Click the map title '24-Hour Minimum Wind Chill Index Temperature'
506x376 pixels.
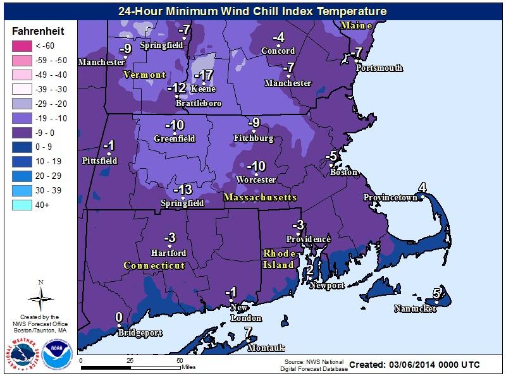pos(252,11)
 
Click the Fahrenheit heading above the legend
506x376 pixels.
pos(37,31)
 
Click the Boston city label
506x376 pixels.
pos(344,172)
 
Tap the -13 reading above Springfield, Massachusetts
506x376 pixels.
pos(183,190)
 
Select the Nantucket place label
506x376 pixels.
pos(415,309)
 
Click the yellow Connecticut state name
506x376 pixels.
pos(154,265)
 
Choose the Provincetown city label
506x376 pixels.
pos(390,198)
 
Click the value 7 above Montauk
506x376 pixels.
pos(248,332)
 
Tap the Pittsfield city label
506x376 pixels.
pos(99,161)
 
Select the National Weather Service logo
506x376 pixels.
pos(22,354)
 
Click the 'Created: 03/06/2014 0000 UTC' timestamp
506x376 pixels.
pos(414,365)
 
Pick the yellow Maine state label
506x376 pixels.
pos(355,25)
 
